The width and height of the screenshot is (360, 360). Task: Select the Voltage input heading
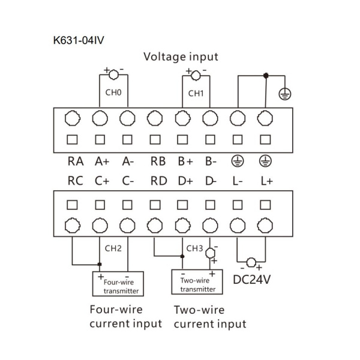point(180,57)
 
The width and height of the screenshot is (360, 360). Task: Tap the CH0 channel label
point(113,93)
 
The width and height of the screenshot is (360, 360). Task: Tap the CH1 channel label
point(196,93)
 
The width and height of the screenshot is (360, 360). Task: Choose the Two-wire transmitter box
point(197,283)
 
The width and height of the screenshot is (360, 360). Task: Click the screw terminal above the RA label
point(72,119)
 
